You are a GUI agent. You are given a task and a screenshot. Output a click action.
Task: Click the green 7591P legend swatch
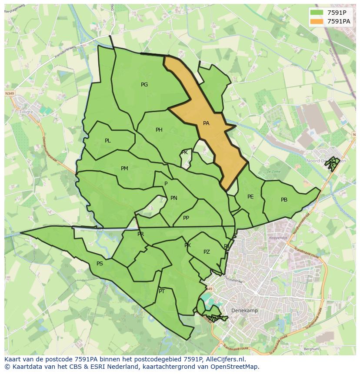coord(317,13)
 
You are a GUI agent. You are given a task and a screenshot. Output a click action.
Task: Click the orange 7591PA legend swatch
coord(317,21)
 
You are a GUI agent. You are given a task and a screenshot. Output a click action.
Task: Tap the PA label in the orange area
coord(206,123)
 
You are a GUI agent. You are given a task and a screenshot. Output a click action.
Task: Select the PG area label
coord(144,85)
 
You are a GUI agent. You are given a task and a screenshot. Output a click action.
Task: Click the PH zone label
coord(159,130)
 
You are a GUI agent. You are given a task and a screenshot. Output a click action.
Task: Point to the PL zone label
coord(108,141)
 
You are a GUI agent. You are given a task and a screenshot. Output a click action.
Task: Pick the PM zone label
coord(124,169)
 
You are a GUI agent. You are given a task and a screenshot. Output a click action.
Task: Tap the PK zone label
coord(184,152)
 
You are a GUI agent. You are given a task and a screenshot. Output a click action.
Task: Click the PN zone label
coord(174,198)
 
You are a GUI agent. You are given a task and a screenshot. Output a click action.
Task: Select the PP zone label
coord(186,218)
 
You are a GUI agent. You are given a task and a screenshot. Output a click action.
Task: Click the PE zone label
coord(250,197)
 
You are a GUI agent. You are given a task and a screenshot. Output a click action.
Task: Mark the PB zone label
coord(284,200)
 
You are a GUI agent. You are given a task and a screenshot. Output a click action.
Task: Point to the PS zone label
coord(100,264)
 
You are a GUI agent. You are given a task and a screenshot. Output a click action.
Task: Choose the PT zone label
coord(162,291)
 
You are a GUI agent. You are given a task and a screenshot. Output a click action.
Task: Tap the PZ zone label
coord(207,252)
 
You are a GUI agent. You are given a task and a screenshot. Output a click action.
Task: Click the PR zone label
coord(140,234)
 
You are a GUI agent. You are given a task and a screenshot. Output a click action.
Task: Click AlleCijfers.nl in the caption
coord(225,359)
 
